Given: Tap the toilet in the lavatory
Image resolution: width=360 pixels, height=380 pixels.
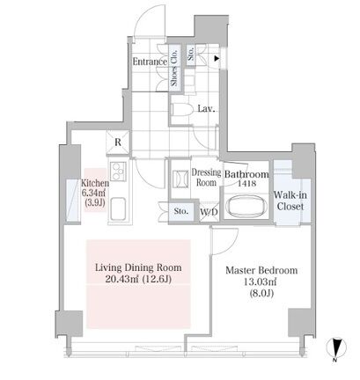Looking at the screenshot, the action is pos(181,110).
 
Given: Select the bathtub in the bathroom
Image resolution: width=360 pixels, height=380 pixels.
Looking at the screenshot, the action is pos(247,206).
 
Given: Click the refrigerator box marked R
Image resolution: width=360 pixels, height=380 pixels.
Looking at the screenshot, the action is pos(118,142).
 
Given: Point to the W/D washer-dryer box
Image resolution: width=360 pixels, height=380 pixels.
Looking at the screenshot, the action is pos(209,211).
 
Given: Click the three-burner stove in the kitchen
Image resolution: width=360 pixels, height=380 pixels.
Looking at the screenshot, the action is pos(118,172).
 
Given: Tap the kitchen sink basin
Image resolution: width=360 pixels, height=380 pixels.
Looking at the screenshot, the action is pos(118,208).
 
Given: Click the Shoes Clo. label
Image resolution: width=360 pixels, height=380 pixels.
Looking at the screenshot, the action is pos(174,68).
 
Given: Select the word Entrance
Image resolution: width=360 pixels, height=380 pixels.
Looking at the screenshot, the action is pos(150,62).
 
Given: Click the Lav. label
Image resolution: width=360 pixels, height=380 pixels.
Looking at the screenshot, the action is pos(207,109).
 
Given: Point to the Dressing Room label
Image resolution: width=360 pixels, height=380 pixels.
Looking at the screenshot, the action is pos(206,178).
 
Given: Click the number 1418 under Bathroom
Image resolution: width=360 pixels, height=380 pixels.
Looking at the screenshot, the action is pos(246,184).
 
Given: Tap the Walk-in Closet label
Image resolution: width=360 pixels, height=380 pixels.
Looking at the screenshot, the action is pos(290,201).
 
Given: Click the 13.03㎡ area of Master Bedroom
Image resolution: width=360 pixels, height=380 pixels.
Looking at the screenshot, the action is pos(261,282).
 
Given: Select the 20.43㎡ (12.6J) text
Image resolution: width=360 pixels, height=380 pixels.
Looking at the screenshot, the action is pos(138,279).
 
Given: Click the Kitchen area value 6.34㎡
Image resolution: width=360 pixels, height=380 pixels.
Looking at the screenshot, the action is pos(94,193).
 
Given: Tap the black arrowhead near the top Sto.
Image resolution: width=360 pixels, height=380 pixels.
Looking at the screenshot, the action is pos(217,59).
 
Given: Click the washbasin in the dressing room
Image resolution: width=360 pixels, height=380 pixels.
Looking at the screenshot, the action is pos(180,179).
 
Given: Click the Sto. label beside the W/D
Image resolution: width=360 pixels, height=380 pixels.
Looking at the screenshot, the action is pos(181,211).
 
